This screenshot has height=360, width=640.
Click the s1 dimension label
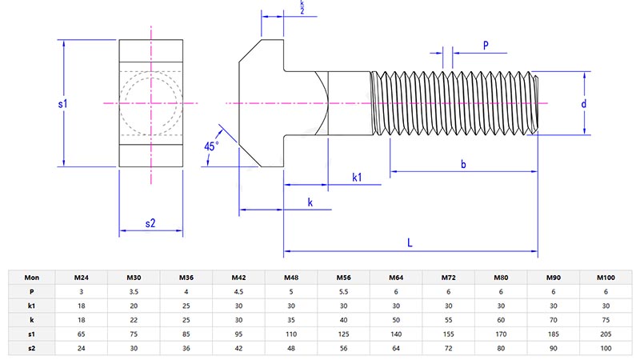coord(62,104)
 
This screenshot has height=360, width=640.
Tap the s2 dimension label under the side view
coord(150,223)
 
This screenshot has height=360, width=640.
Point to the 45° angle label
coord(211,146)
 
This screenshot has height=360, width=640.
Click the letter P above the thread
coord(486,45)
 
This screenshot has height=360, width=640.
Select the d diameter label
coord(584,104)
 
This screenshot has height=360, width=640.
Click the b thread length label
coord(463,164)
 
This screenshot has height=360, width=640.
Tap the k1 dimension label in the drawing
coord(357,178)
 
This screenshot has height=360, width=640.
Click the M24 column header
coord(82,278)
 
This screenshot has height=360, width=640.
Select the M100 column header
coord(606,278)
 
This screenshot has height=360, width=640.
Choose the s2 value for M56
coord(343,348)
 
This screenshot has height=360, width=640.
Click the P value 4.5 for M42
coord(238,292)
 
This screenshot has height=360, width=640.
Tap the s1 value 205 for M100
coord(606,334)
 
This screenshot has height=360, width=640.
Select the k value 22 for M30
coord(134,320)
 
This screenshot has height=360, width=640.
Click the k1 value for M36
coord(186,306)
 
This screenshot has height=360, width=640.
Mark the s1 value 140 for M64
coord(396,334)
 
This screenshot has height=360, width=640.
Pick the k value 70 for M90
coord(553,320)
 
